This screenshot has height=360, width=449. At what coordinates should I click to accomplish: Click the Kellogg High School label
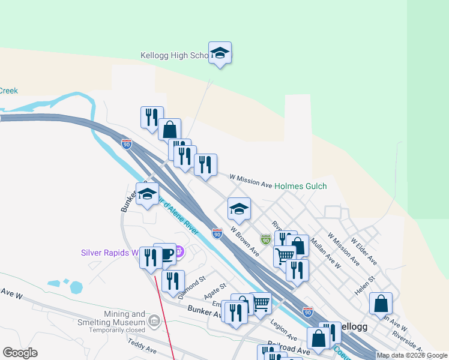tap(174, 55)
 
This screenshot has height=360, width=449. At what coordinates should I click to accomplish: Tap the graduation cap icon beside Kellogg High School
tap(220, 53)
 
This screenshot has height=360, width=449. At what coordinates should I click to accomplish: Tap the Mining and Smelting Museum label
tap(117, 318)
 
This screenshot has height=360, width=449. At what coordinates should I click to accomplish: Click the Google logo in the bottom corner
tap(20, 353)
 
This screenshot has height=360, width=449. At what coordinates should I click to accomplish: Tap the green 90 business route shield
tap(265, 239)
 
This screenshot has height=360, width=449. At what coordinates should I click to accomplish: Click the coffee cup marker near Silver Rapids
tap(164, 254)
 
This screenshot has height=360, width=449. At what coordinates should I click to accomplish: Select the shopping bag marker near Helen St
tap(381, 304)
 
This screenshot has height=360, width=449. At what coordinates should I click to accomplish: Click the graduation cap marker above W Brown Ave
tap(239, 209)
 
